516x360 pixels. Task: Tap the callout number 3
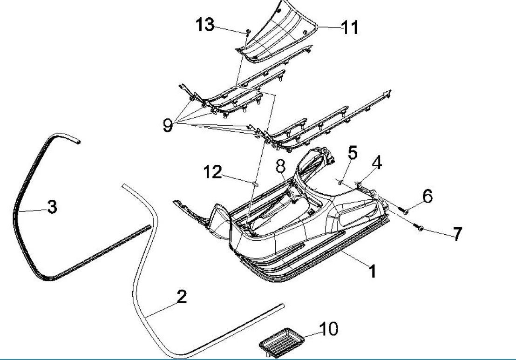[52, 206]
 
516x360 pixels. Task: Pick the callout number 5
[353, 153]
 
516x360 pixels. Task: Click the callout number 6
[427, 196]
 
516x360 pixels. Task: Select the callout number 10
[328, 329]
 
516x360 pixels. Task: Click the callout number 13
[205, 24]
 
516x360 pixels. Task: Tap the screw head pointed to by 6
[406, 211]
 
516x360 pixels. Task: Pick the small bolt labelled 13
[248, 32]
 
